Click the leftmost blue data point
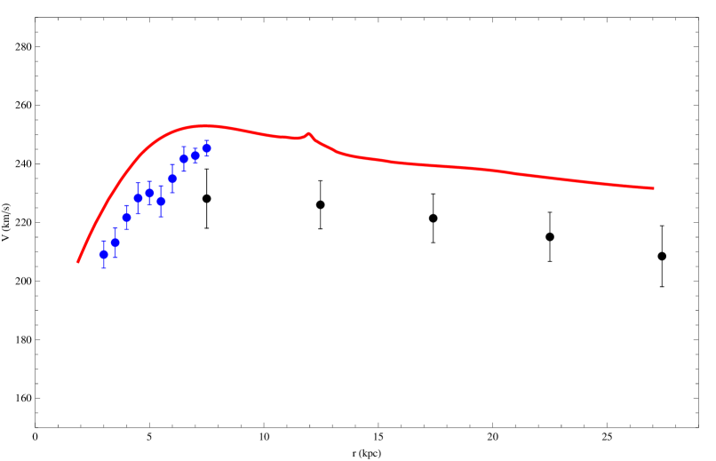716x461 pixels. [x=104, y=254]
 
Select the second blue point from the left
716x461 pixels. [x=115, y=242]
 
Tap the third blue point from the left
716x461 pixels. [x=127, y=218]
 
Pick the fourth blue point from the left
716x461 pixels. [x=139, y=198]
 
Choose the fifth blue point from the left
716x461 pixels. [x=149, y=193]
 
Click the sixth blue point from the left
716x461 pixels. [x=161, y=202]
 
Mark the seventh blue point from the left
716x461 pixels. [x=172, y=179]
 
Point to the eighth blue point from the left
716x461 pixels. [x=184, y=159]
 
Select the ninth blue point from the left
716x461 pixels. [x=195, y=155]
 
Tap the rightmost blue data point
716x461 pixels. [x=206, y=148]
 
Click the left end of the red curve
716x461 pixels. [x=78, y=262]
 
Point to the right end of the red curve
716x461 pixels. [x=654, y=188]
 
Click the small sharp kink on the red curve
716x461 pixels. [x=308, y=133]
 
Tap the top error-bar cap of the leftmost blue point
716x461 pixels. [x=104, y=241]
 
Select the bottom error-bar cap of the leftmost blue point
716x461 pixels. [x=104, y=268]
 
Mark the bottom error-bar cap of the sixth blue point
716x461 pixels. [x=161, y=217]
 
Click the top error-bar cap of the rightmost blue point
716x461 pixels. [x=206, y=140]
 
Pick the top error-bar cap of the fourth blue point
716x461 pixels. [x=139, y=184]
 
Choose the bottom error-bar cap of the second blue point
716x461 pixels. [x=115, y=258]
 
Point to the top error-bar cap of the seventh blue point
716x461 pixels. [x=172, y=164]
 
